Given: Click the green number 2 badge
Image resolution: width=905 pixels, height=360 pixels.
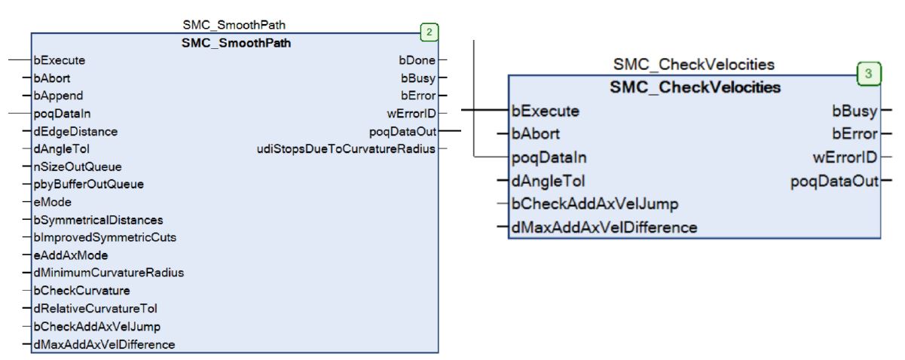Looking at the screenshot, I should pyautogui.click(x=428, y=32).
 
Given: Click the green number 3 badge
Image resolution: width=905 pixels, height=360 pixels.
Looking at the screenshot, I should pyautogui.click(x=869, y=74).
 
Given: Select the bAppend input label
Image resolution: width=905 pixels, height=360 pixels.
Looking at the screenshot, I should pyautogui.click(x=58, y=96).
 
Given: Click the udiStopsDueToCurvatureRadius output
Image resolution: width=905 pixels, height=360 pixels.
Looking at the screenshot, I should pyautogui.click(x=346, y=149).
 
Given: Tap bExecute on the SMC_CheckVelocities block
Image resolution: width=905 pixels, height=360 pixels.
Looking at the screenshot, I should pyautogui.click(x=545, y=111).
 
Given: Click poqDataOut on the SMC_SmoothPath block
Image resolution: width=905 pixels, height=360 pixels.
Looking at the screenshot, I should pyautogui.click(x=402, y=131).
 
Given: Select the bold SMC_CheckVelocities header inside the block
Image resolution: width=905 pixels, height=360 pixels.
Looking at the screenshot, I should pyautogui.click(x=695, y=87).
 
